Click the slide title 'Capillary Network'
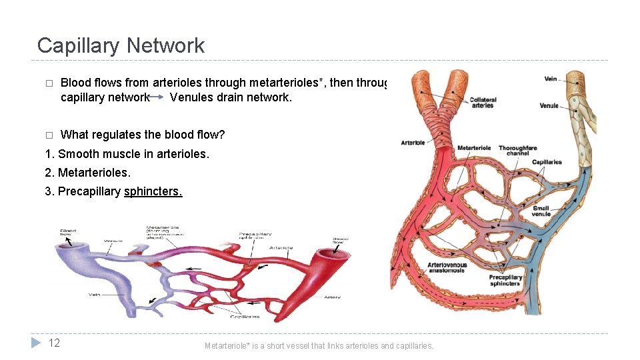121,45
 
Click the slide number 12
55,343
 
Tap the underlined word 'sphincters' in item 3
153,191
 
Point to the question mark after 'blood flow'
222,135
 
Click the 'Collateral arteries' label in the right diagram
483,103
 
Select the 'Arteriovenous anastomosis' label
447,268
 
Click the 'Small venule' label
541,211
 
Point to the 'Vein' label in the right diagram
551,79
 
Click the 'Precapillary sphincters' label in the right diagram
505,280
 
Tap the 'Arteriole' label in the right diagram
413,143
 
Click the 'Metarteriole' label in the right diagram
474,147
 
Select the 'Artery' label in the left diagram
332,297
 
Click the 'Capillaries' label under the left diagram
245,317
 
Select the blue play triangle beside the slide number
37,343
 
